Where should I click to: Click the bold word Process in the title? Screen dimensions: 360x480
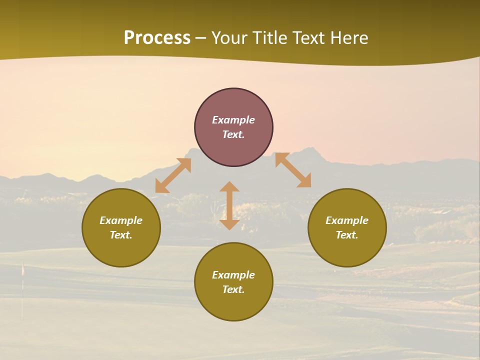pyautogui.click(x=157, y=38)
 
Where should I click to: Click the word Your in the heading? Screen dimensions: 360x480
pyautogui.click(x=230, y=38)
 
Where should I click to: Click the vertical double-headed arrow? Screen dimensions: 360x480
pyautogui.click(x=229, y=205)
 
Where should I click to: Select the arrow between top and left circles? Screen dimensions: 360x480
pyautogui.click(x=173, y=175)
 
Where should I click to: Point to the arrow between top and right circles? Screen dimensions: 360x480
pyautogui.click(x=293, y=170)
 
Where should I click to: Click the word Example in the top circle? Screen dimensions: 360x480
pyautogui.click(x=233, y=120)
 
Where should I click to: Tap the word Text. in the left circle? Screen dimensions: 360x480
pyautogui.click(x=121, y=235)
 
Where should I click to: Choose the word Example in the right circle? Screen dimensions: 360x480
pyautogui.click(x=347, y=220)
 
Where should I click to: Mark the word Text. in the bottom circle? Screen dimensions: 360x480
pyautogui.click(x=233, y=289)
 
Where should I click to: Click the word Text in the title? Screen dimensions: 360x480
pyautogui.click(x=308, y=38)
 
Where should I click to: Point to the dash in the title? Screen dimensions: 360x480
pyautogui.click(x=201, y=38)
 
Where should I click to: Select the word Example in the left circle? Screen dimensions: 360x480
pyautogui.click(x=121, y=220)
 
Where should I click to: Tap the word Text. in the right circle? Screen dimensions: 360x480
pyautogui.click(x=347, y=235)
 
